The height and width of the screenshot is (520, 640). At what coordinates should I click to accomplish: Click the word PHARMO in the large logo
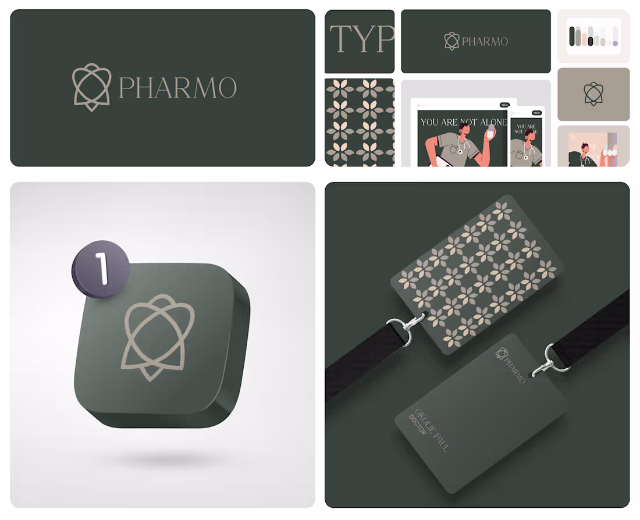coord(177,88)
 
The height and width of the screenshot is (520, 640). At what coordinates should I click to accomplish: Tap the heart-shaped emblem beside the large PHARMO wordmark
coord(91,87)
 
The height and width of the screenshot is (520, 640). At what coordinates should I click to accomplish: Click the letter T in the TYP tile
coord(340,40)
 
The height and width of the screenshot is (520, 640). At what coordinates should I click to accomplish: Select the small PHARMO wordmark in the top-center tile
coord(485,41)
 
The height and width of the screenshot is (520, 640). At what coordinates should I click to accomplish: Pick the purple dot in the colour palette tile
coord(615,43)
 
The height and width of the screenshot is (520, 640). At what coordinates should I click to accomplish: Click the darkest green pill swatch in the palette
coord(572,36)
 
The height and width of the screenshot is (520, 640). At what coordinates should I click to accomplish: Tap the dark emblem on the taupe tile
coord(593,94)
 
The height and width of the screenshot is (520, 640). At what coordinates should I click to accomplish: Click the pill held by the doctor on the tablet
coord(490,131)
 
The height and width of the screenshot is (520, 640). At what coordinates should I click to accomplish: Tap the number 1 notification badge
coord(101,269)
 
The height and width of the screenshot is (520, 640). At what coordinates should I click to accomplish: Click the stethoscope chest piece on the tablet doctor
coord(460,151)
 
